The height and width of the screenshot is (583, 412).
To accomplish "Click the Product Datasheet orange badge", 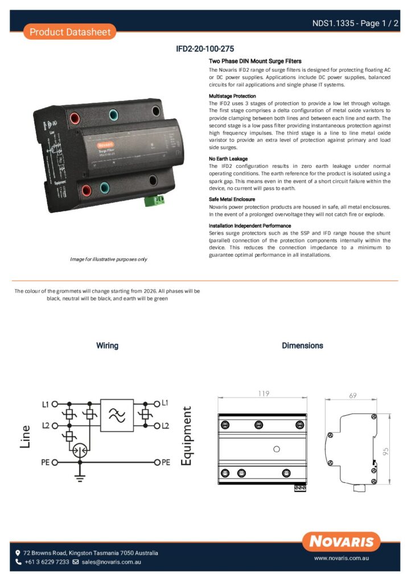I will [70, 32].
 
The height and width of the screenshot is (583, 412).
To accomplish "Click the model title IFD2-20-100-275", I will [205, 49].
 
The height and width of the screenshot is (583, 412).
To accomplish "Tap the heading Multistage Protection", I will [232, 96].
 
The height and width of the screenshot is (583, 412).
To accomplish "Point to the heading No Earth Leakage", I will [228, 159].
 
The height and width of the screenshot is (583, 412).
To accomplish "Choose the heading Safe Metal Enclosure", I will [232, 199].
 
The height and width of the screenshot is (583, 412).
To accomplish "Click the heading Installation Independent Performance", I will [250, 226].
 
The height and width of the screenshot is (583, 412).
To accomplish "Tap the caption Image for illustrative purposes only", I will [108, 260].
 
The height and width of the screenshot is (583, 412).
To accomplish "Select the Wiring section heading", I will [107, 346].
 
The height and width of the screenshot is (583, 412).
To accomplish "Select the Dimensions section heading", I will [302, 346].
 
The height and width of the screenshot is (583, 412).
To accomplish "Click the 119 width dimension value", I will [263, 393].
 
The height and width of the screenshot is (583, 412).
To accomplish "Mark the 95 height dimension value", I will [386, 451].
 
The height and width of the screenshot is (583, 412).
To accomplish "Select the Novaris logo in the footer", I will [341, 541].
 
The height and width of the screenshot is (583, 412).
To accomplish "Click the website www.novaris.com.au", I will [342, 559].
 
